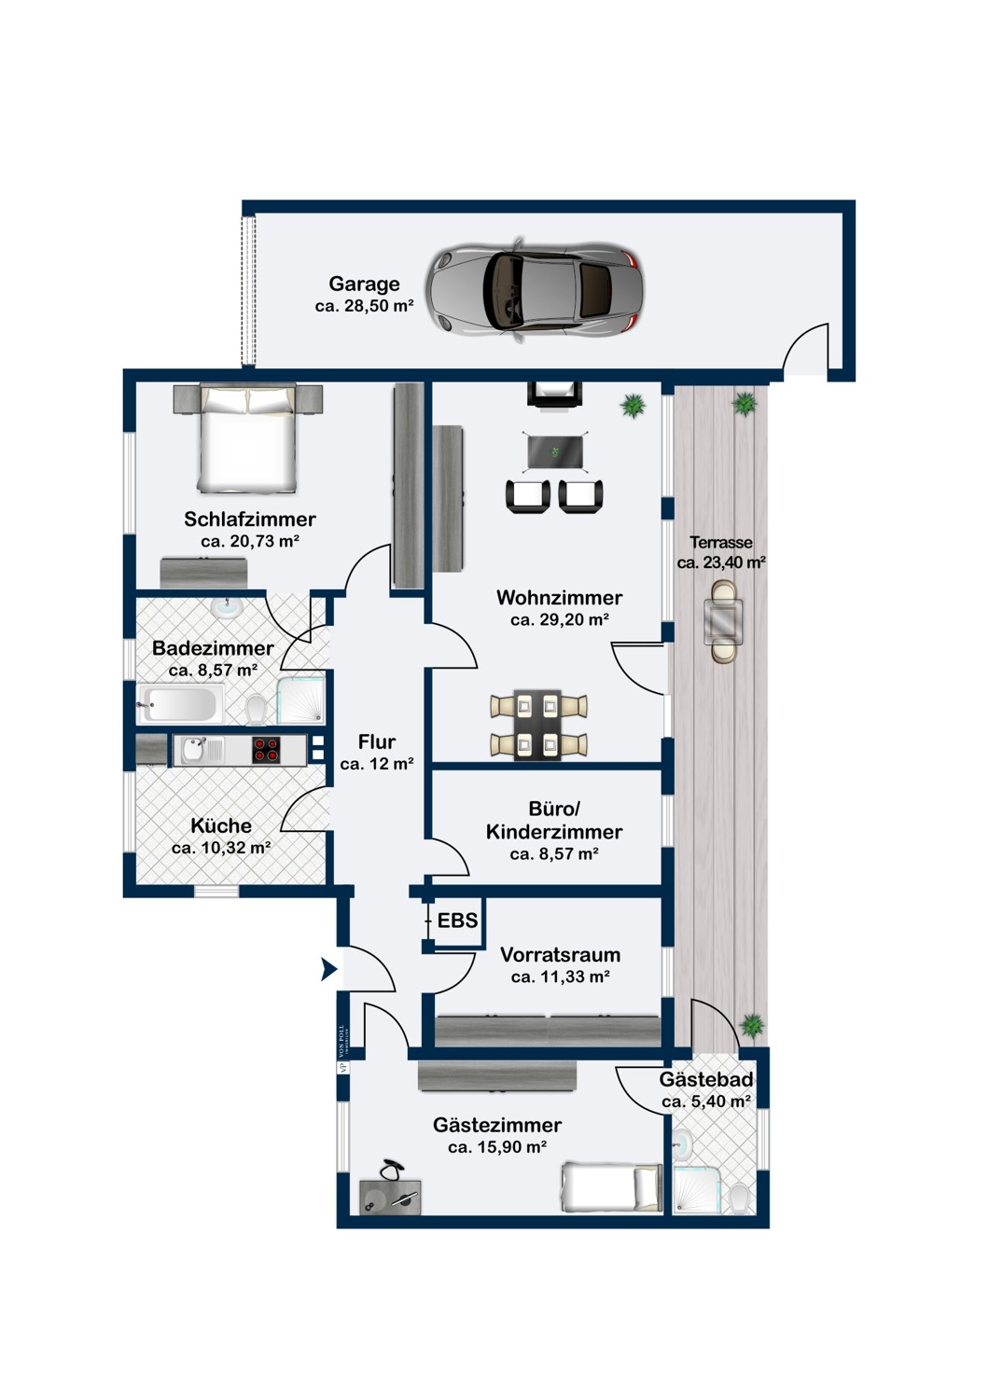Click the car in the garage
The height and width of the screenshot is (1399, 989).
point(535,290)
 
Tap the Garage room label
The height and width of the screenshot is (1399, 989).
point(364,284)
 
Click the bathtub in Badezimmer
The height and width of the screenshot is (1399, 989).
point(180,703)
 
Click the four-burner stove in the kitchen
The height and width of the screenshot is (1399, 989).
point(267,749)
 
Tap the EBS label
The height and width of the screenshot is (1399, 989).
point(457,921)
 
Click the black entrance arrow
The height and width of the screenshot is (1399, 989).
point(328,970)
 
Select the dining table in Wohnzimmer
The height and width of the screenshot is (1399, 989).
point(539,725)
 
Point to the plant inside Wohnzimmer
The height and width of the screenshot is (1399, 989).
point(634,406)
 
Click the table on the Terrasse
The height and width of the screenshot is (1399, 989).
point(724,620)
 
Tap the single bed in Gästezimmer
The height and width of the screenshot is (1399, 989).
point(611,1188)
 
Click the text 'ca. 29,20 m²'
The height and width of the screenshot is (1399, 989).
point(560,619)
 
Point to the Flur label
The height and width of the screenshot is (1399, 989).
point(377,741)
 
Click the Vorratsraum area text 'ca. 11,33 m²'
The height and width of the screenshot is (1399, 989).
point(560,977)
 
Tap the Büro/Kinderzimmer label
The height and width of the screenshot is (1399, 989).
point(554,820)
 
